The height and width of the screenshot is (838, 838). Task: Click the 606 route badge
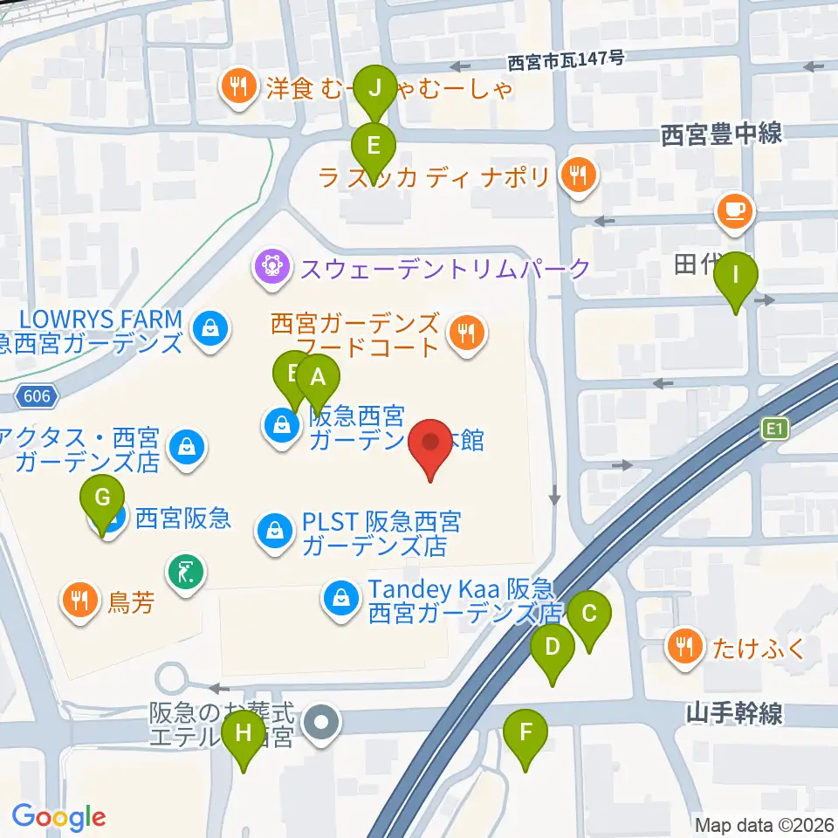[x=38, y=397]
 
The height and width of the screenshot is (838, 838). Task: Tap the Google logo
[x=58, y=817]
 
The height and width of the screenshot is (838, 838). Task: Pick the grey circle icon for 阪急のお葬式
[x=323, y=722]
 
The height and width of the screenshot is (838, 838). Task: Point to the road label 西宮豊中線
[x=721, y=134]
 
